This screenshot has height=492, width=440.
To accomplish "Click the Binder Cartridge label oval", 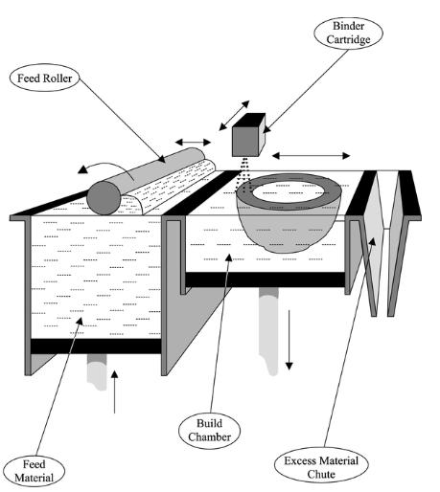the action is pos(348,34).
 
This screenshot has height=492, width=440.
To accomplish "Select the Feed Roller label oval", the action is pos(44,78).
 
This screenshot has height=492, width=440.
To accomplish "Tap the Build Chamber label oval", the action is pos(209,431).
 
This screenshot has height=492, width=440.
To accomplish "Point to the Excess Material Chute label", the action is pos(321,468).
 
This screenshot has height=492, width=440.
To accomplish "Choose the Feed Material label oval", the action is pos(35,472).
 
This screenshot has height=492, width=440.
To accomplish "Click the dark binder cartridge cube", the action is pos(248,135).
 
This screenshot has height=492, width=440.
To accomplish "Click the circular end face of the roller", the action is pos(104,198).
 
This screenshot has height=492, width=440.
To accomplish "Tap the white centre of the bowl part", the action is pos(289,192).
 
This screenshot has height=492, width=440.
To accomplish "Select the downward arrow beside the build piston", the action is pos(289,340).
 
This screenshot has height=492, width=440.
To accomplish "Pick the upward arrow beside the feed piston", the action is pos(114,391).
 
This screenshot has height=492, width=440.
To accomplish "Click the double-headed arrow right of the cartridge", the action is pos(311,156).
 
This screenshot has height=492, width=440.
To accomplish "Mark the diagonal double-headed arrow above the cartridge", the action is pos(234,116).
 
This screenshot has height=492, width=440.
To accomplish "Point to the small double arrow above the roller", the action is pos(193,143).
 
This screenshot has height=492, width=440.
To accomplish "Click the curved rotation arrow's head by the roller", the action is pos(83,169).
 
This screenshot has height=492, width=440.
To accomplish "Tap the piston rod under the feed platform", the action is pos(97,372).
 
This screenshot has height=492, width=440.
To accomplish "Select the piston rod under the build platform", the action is pos(268,330).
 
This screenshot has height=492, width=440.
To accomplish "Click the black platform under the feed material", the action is pos(95,347).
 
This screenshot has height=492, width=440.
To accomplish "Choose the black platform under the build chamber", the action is pos(266,280).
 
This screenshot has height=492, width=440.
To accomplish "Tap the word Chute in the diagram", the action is pos(321,475).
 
